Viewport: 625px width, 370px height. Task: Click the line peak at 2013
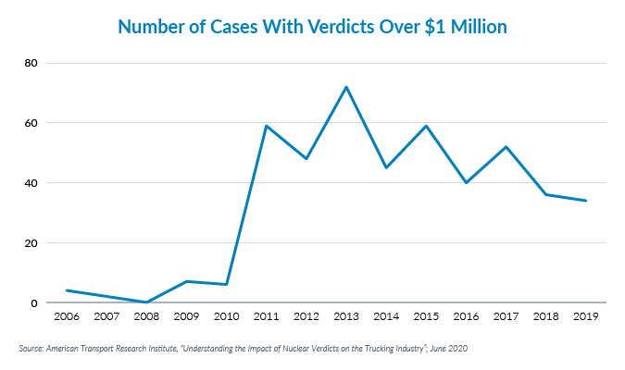[x=345, y=87]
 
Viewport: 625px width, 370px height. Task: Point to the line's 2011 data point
[x=266, y=126]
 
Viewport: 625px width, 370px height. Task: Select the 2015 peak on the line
[x=425, y=126]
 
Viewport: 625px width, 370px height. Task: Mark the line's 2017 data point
[x=506, y=146]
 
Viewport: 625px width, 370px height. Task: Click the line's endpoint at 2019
[x=585, y=201]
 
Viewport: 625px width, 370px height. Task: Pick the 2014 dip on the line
[x=385, y=167]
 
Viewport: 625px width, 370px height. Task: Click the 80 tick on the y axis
[x=31, y=63]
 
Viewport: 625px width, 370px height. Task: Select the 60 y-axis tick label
[x=31, y=123]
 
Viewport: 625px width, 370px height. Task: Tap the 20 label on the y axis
[x=31, y=243]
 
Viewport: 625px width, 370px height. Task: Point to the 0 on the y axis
[x=34, y=303]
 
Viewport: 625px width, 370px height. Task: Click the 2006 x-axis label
[x=66, y=317]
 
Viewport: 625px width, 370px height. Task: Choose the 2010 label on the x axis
[x=226, y=317]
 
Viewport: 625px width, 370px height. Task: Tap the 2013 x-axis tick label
[x=345, y=317]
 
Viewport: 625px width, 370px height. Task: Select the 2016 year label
[x=466, y=317]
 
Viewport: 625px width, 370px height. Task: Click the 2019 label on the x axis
[x=585, y=317]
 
